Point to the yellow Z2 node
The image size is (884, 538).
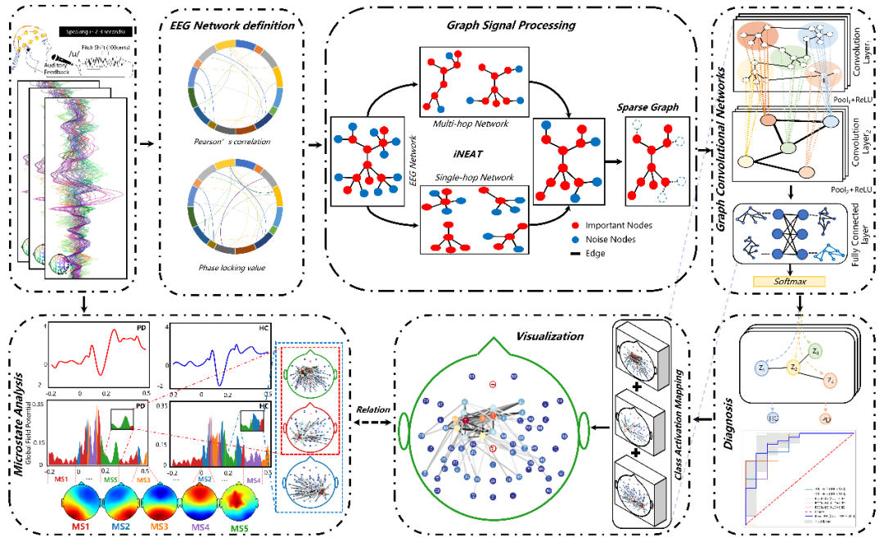click(x=793, y=367)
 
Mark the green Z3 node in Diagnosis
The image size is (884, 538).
click(x=816, y=352)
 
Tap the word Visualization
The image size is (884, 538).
click(x=550, y=336)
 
